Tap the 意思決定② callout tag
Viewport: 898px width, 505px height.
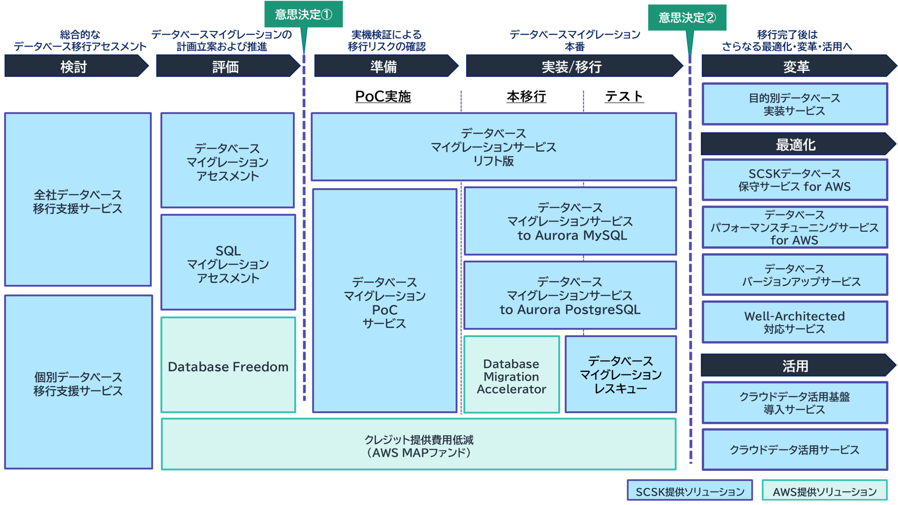pyautogui.click(x=687, y=17)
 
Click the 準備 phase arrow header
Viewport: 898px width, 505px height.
pyautogui.click(x=384, y=66)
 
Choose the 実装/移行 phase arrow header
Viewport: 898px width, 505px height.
pyautogui.click(x=572, y=66)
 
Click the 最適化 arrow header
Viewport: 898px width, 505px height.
pyautogui.click(x=796, y=144)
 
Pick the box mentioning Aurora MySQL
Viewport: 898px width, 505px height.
pyautogui.click(x=570, y=221)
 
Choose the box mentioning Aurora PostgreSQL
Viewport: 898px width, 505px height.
pyautogui.click(x=570, y=295)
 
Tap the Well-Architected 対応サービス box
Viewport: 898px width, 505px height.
pyautogui.click(x=794, y=322)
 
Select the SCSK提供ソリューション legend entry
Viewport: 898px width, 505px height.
pyautogui.click(x=690, y=491)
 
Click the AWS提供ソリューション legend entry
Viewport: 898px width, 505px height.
pyautogui.click(x=824, y=491)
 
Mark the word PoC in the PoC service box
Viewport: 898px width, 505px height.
pyautogui.click(x=384, y=310)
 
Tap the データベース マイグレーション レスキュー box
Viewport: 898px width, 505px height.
pyautogui.click(x=620, y=375)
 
